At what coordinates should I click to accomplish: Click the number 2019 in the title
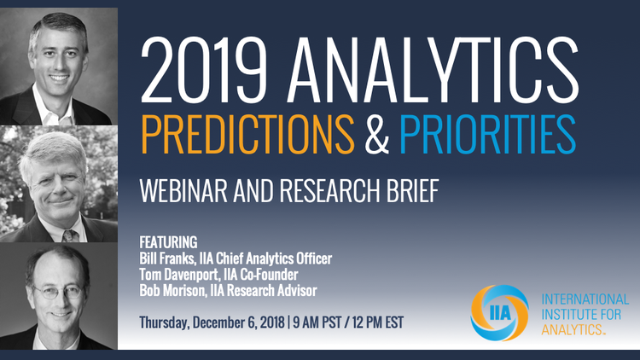[203, 69]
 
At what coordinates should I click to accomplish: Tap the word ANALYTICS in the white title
[433, 69]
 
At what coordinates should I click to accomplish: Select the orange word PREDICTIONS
[247, 134]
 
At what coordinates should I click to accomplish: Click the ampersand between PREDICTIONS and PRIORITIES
[376, 134]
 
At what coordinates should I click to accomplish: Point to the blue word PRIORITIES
[487, 134]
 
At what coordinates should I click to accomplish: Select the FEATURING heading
[168, 242]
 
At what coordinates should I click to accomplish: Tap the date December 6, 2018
[238, 322]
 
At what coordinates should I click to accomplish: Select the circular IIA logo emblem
[499, 312]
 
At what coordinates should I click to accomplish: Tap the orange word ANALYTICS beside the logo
[573, 329]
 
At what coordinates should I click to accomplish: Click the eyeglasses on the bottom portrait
[58, 292]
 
